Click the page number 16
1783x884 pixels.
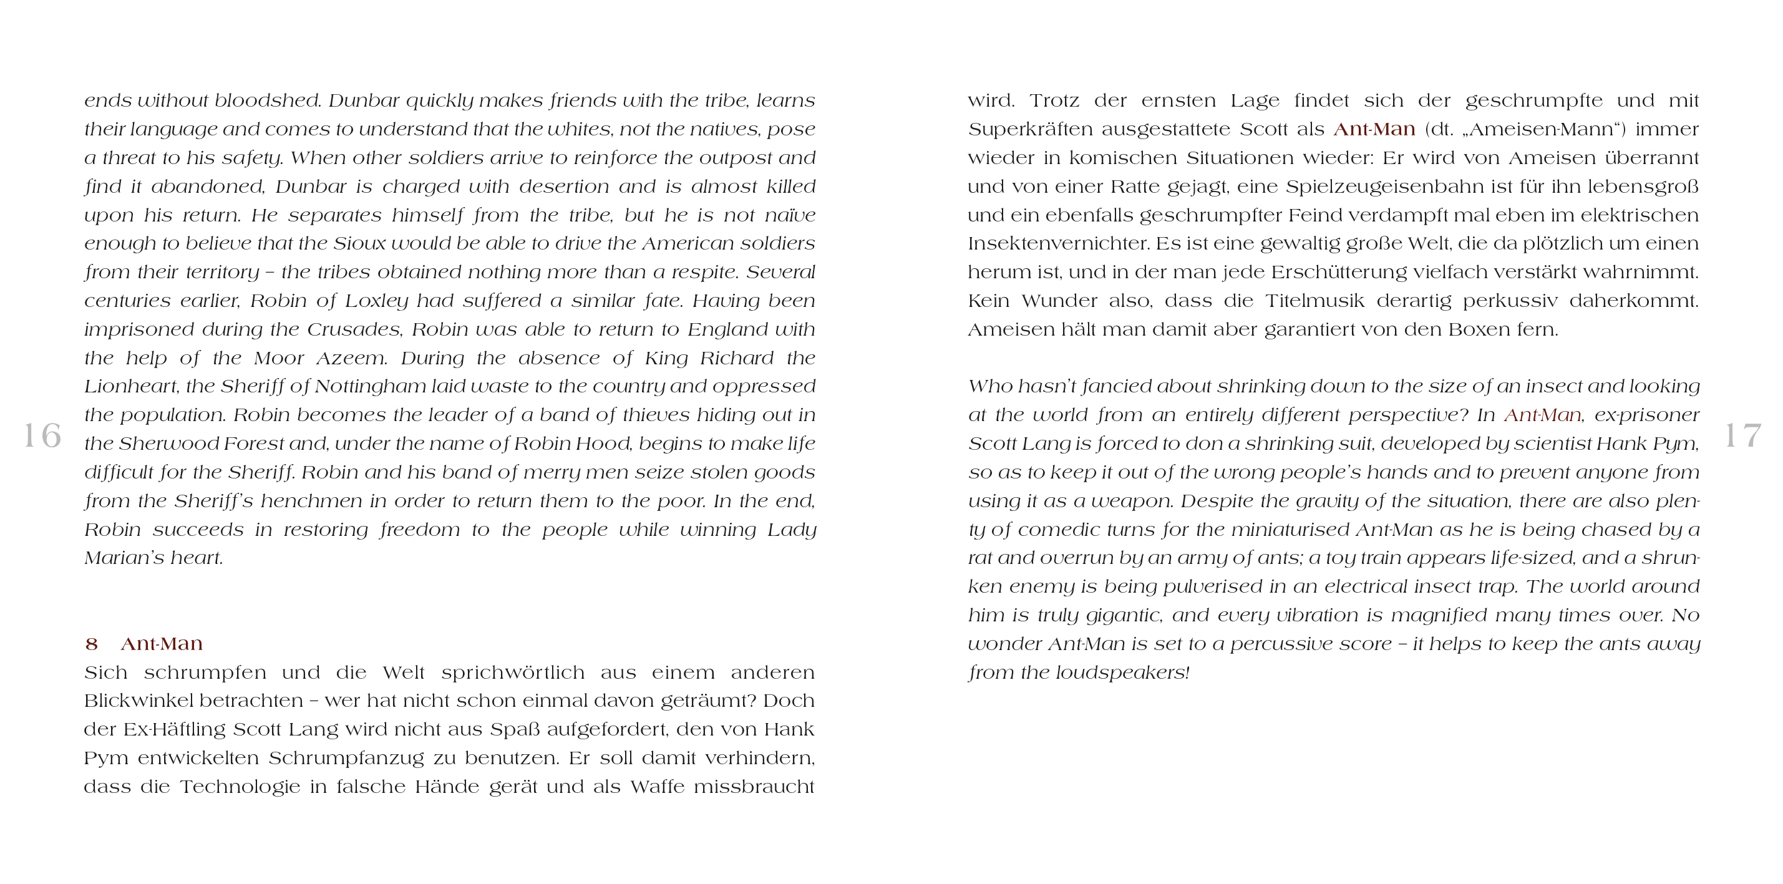click(42, 435)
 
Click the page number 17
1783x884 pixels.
click(1742, 435)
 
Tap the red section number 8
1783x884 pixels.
click(91, 644)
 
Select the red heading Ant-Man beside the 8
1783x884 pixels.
click(162, 644)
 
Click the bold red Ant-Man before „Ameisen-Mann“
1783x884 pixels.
click(1374, 130)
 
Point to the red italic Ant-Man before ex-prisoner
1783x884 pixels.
click(1542, 415)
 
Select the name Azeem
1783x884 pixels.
click(352, 358)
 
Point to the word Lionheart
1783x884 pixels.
click(132, 386)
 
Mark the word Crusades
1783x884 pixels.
click(354, 329)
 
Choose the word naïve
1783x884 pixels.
click(790, 215)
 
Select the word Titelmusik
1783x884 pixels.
click(1315, 301)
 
